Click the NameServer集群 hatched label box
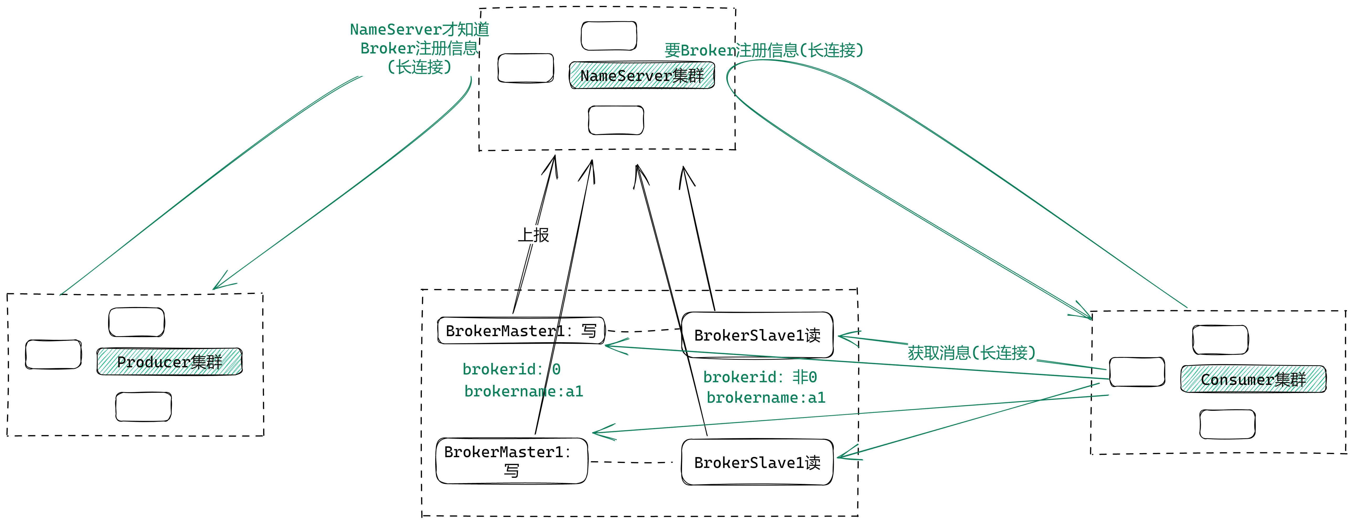642,75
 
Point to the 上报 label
534,235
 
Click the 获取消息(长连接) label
971,352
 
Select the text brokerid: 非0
760,376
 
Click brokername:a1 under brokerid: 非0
766,397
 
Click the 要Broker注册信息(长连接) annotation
764,50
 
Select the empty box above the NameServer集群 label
609,36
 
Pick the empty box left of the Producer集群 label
54,354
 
